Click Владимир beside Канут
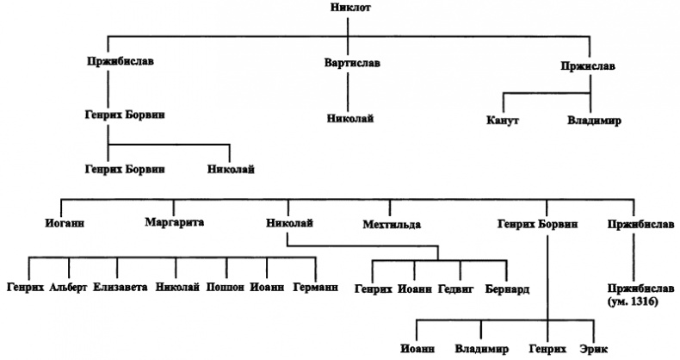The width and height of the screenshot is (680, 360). click(594, 119)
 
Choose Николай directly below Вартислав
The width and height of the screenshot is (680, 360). click(350, 119)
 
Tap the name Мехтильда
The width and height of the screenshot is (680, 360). click(391, 224)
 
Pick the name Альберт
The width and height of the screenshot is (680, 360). click(68, 286)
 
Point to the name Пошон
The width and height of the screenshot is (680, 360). click(226, 286)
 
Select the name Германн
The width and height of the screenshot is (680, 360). click(314, 286)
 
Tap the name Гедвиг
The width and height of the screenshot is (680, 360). click(455, 286)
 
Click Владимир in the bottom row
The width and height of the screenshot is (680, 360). click(481, 349)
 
